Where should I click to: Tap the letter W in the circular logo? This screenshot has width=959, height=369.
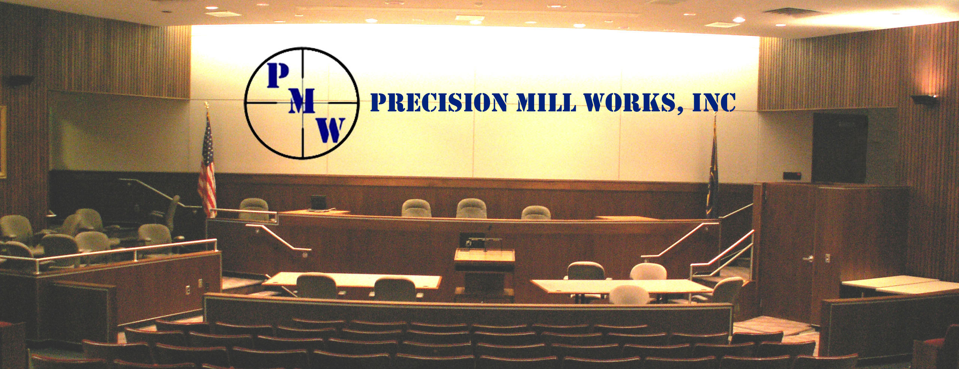[x=332, y=130]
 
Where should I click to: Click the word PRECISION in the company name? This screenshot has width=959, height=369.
[x=439, y=102]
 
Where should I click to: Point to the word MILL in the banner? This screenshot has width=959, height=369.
[x=546, y=102]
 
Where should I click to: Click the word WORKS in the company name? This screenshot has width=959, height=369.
[x=633, y=102]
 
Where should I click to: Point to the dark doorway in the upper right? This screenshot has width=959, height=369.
[x=839, y=148]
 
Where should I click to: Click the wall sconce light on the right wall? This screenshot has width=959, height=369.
[x=925, y=99]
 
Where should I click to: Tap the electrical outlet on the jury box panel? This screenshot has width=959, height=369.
[x=188, y=289]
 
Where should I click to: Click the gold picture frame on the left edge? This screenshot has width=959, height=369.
[x=3, y=142]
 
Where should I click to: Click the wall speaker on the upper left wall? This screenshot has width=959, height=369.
[x=18, y=81]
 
